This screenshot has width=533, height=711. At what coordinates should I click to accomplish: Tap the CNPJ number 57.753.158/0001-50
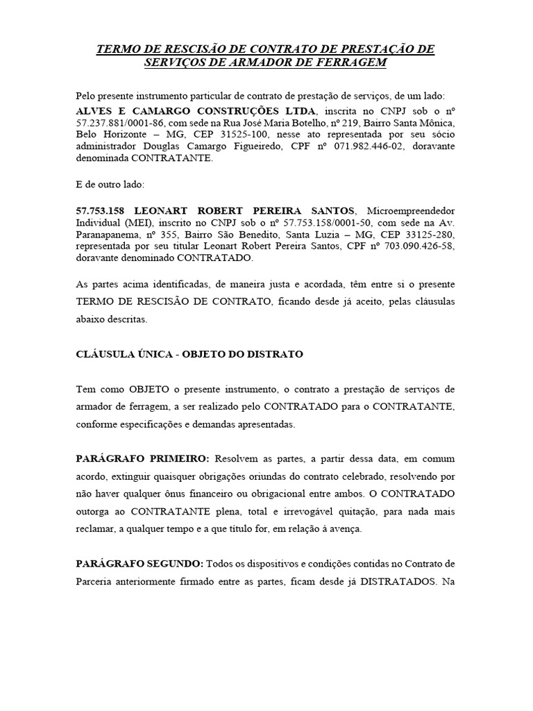tap(311, 223)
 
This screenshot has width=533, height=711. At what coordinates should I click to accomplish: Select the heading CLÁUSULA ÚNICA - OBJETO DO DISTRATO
tap(189, 354)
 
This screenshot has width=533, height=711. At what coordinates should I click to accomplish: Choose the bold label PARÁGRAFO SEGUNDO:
tap(139, 562)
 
